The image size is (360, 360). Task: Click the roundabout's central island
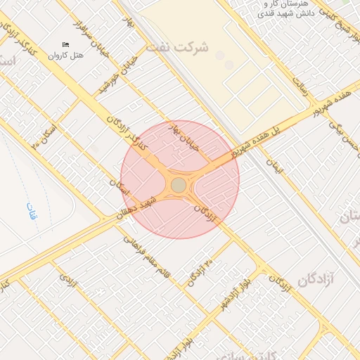[x=179, y=184]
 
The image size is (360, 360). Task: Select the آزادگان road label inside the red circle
[x=206, y=214]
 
